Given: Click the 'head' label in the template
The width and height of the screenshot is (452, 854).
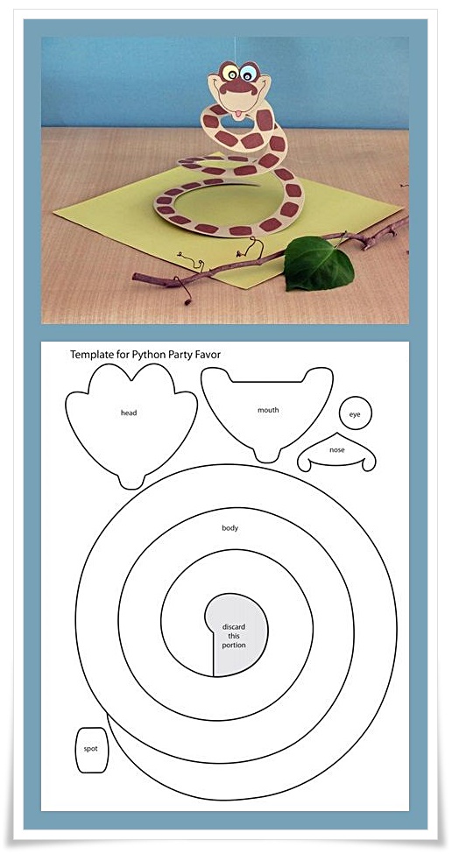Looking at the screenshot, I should [129, 412].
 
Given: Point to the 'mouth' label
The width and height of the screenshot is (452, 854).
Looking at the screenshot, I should [267, 409].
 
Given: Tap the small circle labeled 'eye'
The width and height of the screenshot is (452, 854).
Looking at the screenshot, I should [355, 413].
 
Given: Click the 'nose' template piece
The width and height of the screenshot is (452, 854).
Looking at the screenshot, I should [337, 450].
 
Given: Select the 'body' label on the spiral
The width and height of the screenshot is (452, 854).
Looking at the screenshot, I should [230, 527].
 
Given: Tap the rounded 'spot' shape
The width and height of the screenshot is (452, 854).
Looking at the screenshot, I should [91, 749].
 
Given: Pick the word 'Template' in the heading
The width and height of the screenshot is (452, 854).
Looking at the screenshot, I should [91, 355].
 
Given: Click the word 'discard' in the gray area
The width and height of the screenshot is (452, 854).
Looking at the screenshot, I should [234, 627].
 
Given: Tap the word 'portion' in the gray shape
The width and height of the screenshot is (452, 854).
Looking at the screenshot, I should [234, 646].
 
